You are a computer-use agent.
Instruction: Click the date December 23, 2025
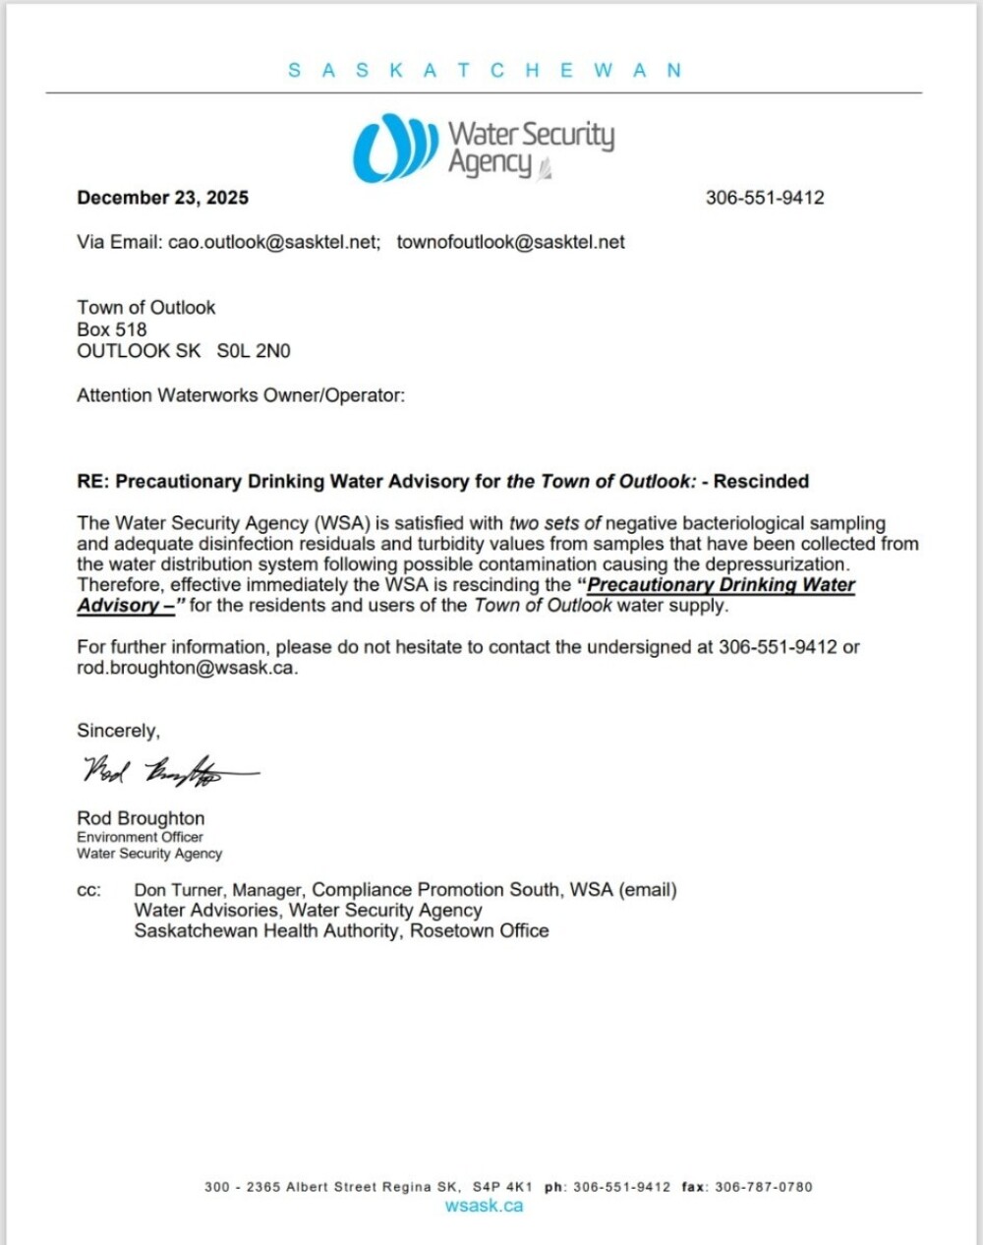coord(162,198)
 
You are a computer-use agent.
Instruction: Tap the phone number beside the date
coord(765,198)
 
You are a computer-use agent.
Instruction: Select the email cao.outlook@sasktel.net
coord(273,242)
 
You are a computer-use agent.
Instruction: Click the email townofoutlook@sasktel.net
coord(510,242)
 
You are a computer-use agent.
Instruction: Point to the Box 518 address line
coord(112,329)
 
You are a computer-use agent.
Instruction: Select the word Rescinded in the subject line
coord(761,481)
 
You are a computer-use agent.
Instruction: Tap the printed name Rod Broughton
coord(141,818)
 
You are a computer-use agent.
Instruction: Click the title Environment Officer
coord(140,837)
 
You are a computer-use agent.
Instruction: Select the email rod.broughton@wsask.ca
coord(186,668)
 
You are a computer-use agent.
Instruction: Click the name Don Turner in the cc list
coord(178,890)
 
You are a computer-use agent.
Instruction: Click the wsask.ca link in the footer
coord(484,1206)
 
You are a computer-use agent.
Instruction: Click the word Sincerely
coord(118,731)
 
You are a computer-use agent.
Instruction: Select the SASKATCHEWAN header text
coord(485,71)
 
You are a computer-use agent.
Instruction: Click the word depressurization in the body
coord(777,564)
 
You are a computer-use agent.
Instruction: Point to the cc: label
coord(88,890)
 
